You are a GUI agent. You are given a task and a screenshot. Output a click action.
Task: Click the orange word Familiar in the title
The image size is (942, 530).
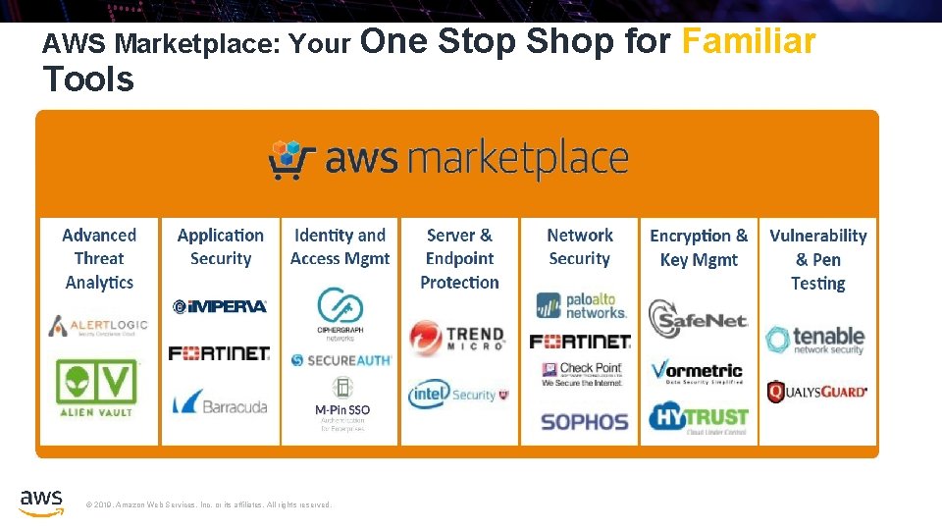coord(748,42)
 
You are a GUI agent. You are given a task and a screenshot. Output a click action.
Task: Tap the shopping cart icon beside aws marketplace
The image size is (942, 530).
coord(291,160)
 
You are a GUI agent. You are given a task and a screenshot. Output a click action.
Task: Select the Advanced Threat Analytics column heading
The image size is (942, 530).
coord(99,258)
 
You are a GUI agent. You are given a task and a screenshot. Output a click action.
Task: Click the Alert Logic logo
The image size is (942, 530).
coord(99,326)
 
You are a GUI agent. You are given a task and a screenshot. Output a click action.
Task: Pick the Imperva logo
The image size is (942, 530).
coord(220,306)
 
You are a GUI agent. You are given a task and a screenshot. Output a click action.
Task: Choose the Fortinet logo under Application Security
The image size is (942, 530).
coord(220,352)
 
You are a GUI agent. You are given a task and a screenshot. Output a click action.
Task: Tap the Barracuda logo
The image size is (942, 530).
coord(220,402)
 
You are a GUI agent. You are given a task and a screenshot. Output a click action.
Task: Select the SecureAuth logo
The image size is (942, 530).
coord(340,360)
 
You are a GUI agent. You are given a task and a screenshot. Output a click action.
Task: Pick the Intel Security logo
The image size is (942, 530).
coord(458,395)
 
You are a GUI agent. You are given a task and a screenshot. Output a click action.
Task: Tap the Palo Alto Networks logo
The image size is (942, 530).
coord(580,305)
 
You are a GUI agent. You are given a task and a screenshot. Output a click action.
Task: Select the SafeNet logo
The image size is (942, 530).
coord(699,318)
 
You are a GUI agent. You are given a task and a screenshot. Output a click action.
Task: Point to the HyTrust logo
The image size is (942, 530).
coord(699,418)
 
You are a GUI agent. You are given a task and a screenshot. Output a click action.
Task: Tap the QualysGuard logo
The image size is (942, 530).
coord(816,393)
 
